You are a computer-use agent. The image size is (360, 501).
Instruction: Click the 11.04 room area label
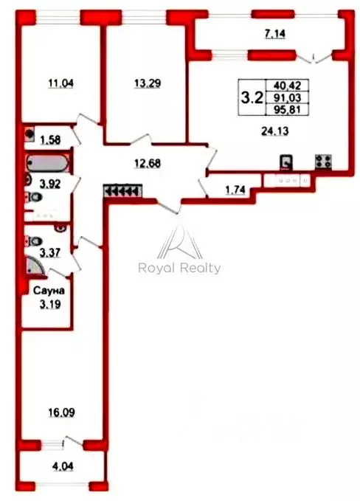click(x=60, y=83)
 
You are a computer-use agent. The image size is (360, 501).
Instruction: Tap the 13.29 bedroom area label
click(x=148, y=83)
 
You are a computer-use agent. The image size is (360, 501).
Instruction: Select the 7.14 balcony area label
click(x=275, y=33)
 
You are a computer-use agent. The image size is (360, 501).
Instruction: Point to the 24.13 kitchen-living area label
click(x=275, y=131)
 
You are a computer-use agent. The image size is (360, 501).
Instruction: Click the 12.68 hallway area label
click(x=148, y=164)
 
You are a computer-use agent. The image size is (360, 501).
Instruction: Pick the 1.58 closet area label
click(x=50, y=139)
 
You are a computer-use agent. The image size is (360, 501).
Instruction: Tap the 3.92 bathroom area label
click(x=50, y=184)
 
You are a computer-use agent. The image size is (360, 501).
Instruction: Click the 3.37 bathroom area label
click(x=50, y=253)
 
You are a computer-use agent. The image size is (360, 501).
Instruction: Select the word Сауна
click(x=49, y=291)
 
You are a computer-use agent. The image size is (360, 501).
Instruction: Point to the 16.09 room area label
click(x=62, y=412)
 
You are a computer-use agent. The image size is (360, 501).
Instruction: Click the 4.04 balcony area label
click(x=63, y=466)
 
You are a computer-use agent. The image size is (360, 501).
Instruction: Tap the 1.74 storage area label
click(x=235, y=190)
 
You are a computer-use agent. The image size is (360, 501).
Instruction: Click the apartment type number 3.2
click(x=252, y=97)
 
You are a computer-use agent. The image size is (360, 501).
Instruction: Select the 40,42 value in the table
click(x=287, y=86)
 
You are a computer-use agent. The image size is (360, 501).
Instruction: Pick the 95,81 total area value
click(x=287, y=110)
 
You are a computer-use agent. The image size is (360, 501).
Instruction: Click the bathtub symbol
click(x=48, y=163)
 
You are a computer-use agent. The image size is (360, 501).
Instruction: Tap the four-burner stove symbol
click(x=323, y=162)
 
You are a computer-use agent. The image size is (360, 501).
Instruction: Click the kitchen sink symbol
click(x=286, y=162)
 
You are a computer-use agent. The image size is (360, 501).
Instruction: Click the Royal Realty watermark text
click(x=179, y=268)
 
